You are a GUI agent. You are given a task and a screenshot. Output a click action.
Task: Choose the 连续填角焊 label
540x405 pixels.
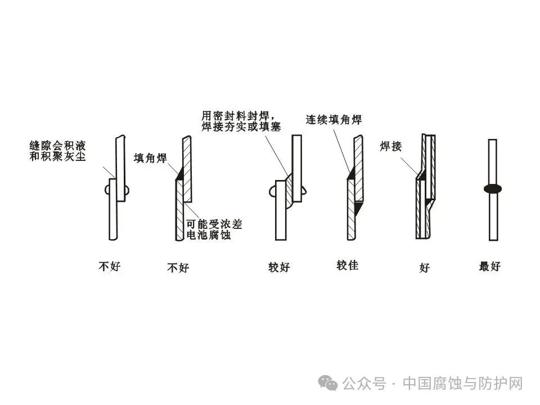[x=333, y=120]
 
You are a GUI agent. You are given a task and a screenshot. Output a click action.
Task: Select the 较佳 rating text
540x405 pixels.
[x=347, y=265]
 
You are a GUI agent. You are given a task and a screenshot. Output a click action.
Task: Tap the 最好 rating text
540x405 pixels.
[x=489, y=267]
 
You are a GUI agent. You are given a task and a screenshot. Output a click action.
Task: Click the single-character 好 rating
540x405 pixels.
[x=424, y=268]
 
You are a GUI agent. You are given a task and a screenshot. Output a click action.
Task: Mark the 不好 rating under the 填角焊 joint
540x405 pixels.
[x=178, y=268]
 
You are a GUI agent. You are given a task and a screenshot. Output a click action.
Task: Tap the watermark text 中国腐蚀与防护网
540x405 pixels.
[x=463, y=384]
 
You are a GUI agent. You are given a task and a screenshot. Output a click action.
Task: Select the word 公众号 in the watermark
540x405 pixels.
[x=364, y=384]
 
